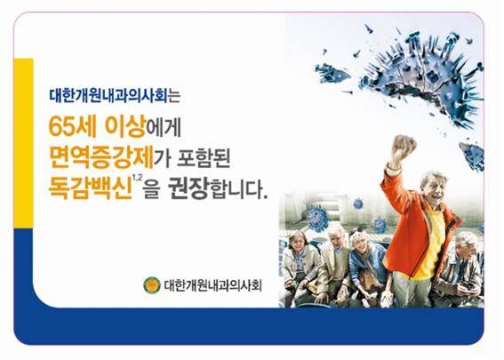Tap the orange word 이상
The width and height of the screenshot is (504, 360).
click(125, 126)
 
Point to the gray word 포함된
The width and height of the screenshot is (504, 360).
click(204, 158)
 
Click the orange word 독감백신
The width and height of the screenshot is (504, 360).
click(90, 188)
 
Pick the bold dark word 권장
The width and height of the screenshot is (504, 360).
click(188, 188)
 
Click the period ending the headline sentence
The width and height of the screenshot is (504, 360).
click(265, 196)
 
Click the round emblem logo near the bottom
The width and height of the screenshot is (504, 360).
click(152, 285)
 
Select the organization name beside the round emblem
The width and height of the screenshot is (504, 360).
click(212, 285)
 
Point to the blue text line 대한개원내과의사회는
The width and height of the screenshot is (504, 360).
click(115, 96)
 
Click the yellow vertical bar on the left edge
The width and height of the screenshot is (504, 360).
click(23, 143)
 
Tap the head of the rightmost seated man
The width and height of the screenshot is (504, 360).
click(465, 245)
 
